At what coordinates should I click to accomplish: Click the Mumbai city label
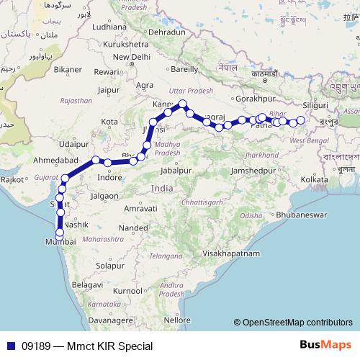60,243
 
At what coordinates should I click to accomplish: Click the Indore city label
109,177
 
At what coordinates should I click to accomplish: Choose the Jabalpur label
178,171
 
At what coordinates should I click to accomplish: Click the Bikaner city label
68,70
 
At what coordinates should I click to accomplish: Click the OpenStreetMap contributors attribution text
294,322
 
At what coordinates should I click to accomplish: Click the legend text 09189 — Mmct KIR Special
86,346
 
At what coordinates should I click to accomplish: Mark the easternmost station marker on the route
301,120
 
